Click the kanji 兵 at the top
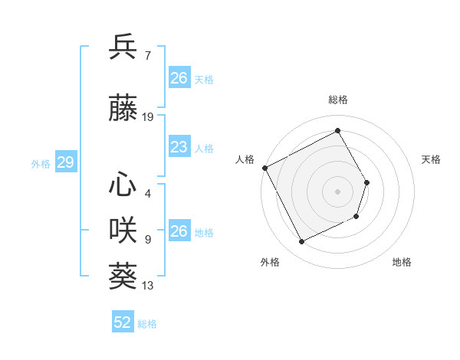click(124, 47)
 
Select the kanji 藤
click(124, 110)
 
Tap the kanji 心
click(124, 184)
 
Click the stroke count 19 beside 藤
click(148, 117)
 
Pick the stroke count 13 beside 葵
click(148, 286)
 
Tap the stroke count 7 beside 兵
click(147, 54)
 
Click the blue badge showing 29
click(65, 162)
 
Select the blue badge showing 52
click(123, 322)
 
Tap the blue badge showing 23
click(179, 147)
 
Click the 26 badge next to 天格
click(179, 78)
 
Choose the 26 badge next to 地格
click(179, 231)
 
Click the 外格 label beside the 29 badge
click(41, 163)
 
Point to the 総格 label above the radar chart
click(338, 100)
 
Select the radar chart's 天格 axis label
click(431, 159)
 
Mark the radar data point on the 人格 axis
click(265, 168)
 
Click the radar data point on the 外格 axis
click(301, 242)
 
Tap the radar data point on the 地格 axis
click(357, 217)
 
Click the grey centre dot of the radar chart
click(337, 191)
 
